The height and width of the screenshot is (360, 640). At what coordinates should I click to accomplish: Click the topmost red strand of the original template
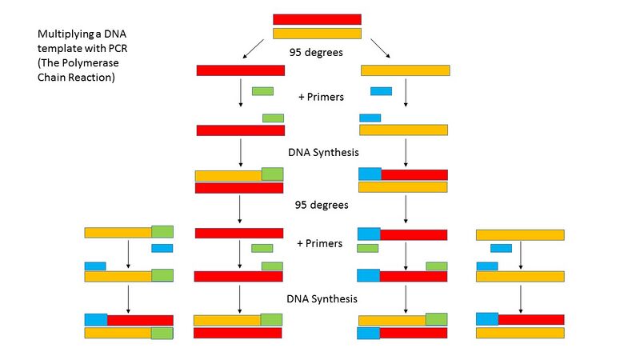[317, 19]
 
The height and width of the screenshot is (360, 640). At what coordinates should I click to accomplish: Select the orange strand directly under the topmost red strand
[317, 34]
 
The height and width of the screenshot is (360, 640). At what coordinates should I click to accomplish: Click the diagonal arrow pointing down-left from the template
[254, 50]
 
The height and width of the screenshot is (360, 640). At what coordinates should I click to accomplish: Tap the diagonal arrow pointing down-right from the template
[380, 50]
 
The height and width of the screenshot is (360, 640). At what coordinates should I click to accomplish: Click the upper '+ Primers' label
[321, 97]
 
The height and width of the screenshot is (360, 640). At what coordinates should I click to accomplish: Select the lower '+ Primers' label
[320, 243]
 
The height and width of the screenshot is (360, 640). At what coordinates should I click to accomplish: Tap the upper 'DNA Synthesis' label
[322, 151]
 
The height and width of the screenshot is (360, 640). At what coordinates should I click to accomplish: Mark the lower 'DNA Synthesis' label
[322, 299]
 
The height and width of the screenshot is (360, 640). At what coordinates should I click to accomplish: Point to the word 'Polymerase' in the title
[97, 63]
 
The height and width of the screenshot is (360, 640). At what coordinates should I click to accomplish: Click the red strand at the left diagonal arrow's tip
[241, 70]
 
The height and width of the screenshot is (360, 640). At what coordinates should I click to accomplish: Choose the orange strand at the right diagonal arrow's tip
[405, 70]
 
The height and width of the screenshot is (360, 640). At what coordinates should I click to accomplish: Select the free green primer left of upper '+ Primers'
[262, 91]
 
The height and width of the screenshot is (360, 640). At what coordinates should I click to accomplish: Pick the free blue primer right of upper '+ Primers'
[381, 91]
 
